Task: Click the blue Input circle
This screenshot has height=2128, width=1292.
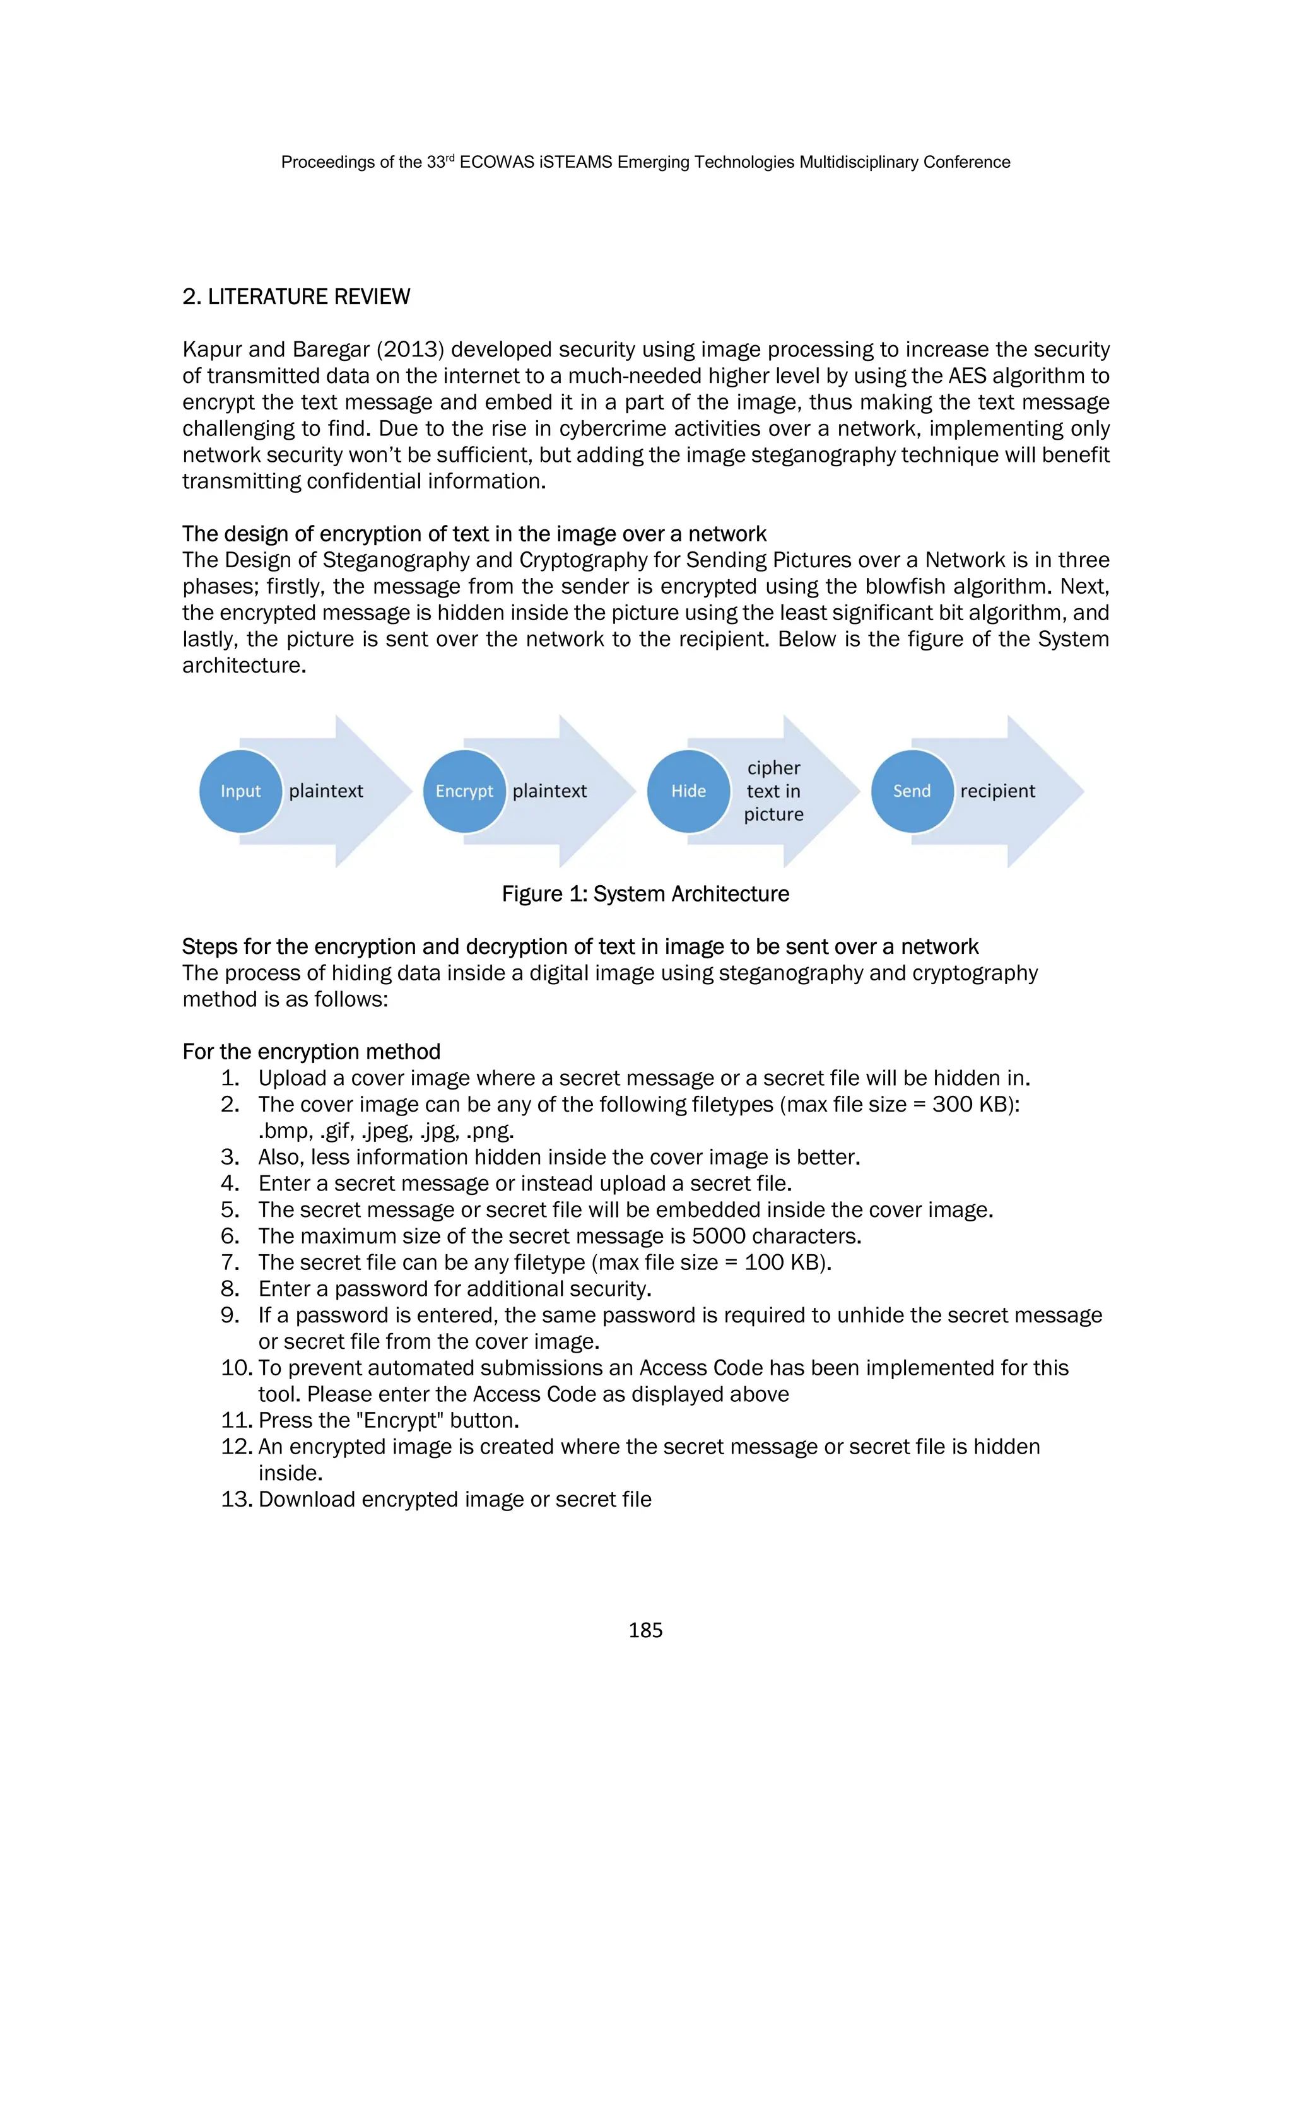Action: pyautogui.click(x=240, y=791)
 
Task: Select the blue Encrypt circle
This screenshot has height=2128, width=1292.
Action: pyautogui.click(x=464, y=791)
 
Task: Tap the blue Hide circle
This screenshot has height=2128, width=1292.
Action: pyautogui.click(x=688, y=791)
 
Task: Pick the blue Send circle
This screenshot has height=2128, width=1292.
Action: pyautogui.click(x=912, y=791)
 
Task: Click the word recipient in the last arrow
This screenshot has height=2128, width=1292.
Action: pyautogui.click(x=997, y=791)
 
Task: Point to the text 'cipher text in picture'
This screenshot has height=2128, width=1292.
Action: pyautogui.click(x=774, y=791)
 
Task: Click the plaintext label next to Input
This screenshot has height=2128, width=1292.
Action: pyautogui.click(x=326, y=791)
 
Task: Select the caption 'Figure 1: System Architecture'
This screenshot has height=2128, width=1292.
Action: pyautogui.click(x=645, y=894)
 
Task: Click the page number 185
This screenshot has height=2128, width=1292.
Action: pyautogui.click(x=645, y=1630)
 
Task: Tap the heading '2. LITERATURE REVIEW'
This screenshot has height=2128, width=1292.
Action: pyautogui.click(x=297, y=297)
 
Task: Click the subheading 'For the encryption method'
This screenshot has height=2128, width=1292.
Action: pyautogui.click(x=311, y=1052)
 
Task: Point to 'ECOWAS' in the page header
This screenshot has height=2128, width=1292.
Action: pyautogui.click(x=496, y=162)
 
